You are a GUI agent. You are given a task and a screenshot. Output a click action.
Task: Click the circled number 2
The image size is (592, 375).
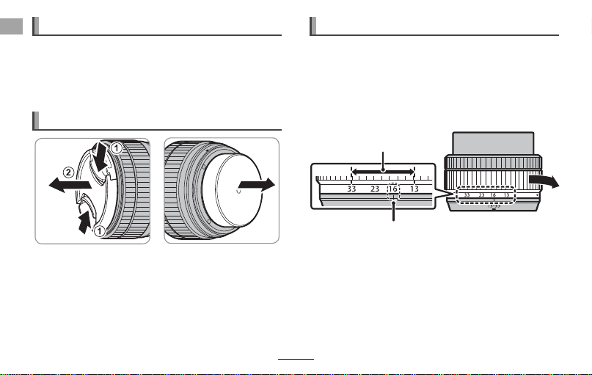[x=68, y=173]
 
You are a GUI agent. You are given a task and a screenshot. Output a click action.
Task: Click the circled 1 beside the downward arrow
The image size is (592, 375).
[x=117, y=148]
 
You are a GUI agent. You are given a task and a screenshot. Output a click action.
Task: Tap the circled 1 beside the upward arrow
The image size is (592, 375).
[x=99, y=230]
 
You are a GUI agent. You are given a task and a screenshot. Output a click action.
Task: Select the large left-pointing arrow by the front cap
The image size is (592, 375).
[x=70, y=185]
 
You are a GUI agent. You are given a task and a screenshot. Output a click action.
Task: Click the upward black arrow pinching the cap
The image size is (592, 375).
[x=85, y=222]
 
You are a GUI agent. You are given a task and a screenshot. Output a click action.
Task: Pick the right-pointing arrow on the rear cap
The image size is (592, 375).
[x=257, y=186]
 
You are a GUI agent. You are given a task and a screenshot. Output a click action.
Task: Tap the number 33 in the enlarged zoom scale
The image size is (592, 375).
[x=351, y=189]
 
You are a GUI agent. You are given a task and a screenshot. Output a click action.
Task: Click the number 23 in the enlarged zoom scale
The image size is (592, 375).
[x=375, y=189]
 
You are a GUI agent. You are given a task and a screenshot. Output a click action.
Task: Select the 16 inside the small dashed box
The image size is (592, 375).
[x=393, y=189]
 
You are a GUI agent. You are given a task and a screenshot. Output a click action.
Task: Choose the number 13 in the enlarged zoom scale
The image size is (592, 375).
[x=414, y=189]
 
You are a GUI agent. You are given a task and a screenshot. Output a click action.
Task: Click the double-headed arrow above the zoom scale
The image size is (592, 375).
[x=383, y=172]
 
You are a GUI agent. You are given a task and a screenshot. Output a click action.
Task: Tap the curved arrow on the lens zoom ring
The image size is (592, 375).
[x=544, y=181]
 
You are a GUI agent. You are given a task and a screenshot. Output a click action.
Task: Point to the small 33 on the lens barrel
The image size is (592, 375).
[x=467, y=195]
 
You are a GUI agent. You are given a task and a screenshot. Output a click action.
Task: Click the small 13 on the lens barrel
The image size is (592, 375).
[x=507, y=195]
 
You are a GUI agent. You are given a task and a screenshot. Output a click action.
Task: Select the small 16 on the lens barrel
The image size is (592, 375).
[x=493, y=195]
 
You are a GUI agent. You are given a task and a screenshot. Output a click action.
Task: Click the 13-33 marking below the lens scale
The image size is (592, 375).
[x=494, y=206]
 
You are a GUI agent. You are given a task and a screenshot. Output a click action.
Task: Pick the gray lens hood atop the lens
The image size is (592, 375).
[x=493, y=143]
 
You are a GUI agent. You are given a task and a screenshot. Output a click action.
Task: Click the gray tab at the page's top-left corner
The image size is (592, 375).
[x=11, y=26]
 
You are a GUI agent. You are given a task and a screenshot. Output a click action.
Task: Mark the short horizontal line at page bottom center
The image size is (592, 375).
[x=296, y=359]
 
